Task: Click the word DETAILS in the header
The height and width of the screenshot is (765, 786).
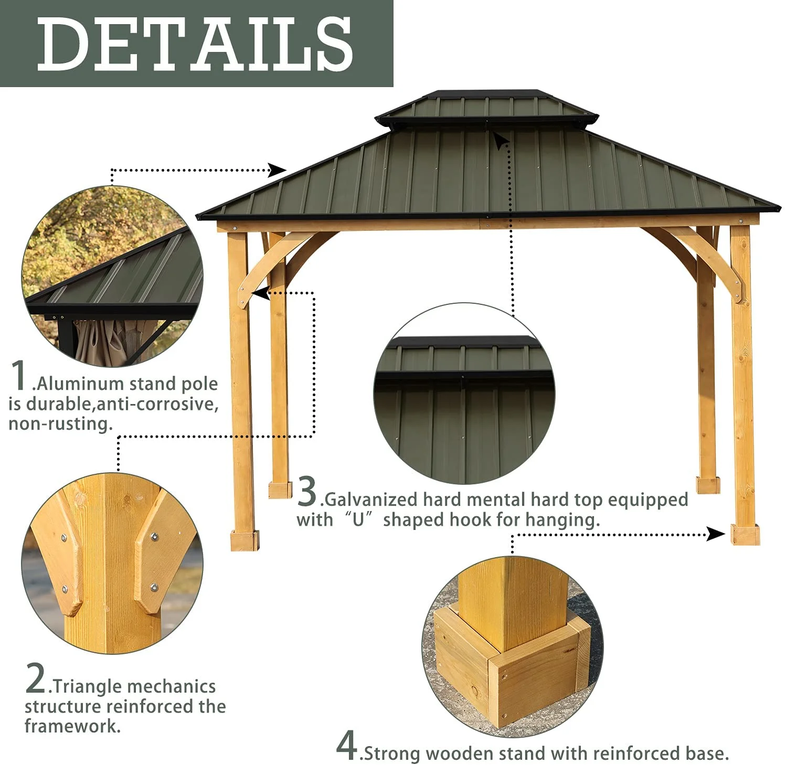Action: click(195, 44)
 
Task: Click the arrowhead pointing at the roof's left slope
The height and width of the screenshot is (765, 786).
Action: click(278, 169)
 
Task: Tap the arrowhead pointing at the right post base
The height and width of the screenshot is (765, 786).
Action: click(716, 534)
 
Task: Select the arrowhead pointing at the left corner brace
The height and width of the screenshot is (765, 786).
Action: click(261, 293)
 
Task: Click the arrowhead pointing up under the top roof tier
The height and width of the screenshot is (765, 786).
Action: click(502, 141)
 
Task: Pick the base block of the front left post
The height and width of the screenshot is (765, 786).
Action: click(245, 540)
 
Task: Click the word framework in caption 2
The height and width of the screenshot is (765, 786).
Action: click(72, 726)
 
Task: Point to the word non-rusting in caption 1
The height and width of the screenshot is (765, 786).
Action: click(60, 423)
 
